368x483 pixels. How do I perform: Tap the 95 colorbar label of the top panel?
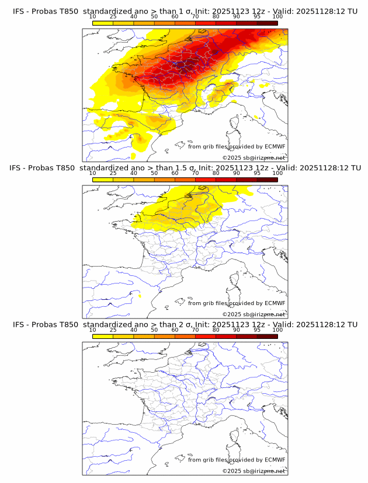click(x=257, y=17)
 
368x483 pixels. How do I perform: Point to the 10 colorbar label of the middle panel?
click(x=92, y=173)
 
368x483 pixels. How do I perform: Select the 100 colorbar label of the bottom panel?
click(x=277, y=330)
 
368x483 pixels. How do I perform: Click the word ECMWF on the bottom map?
click(x=275, y=460)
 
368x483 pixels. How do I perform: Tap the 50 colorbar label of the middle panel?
click(x=154, y=173)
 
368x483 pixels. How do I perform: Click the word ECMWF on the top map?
click(x=275, y=147)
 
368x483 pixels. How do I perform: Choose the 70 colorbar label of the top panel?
click(x=195, y=17)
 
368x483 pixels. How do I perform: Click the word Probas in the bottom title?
click(x=46, y=324)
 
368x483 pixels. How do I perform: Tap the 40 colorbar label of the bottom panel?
click(x=134, y=330)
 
